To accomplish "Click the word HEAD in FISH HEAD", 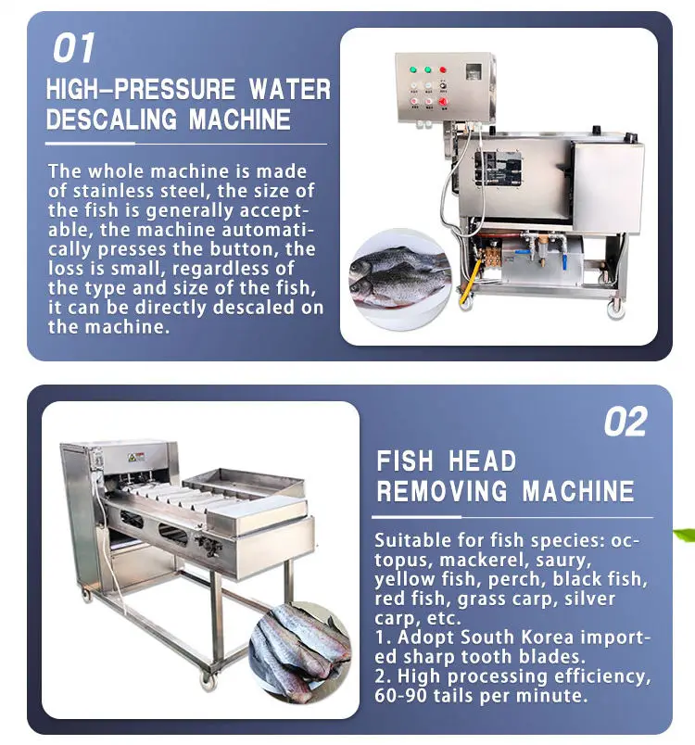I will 483,461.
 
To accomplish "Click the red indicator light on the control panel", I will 443,69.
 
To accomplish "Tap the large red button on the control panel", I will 443,102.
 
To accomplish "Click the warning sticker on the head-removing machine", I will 135,457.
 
